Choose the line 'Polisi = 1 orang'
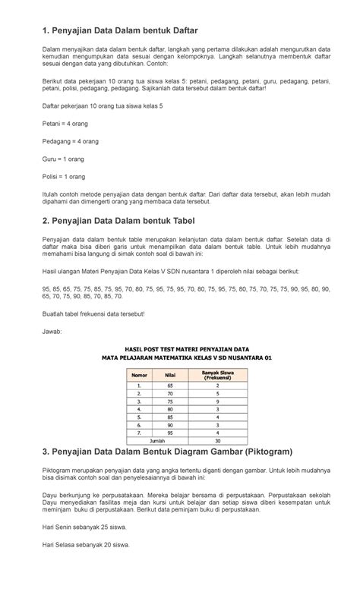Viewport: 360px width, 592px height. coord(64,177)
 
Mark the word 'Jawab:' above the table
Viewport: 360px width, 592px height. coord(52,332)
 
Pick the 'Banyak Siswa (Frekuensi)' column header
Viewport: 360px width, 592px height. coord(218,374)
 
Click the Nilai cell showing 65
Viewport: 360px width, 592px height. coord(170,386)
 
